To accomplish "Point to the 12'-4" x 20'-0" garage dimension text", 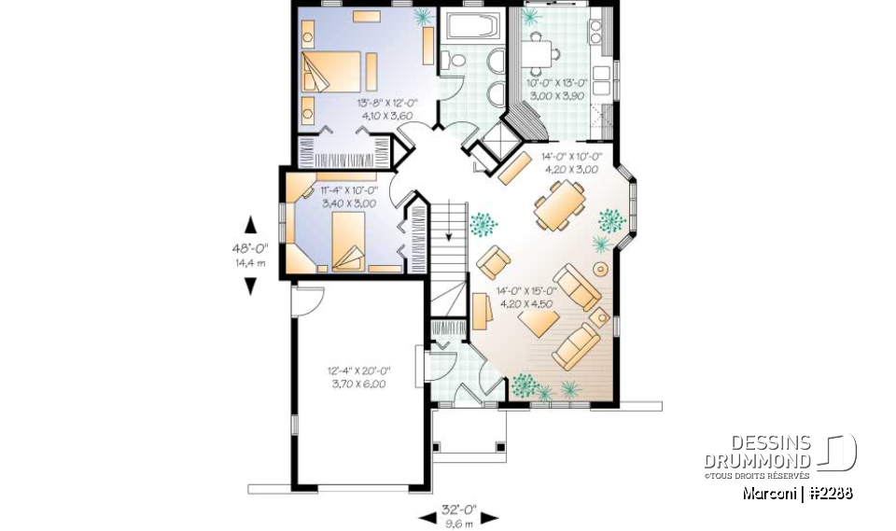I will (357, 377).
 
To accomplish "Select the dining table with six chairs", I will (560, 205).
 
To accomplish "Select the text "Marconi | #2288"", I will (797, 494).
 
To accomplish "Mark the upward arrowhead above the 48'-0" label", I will (249, 225).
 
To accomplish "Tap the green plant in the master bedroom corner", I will (424, 16).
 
